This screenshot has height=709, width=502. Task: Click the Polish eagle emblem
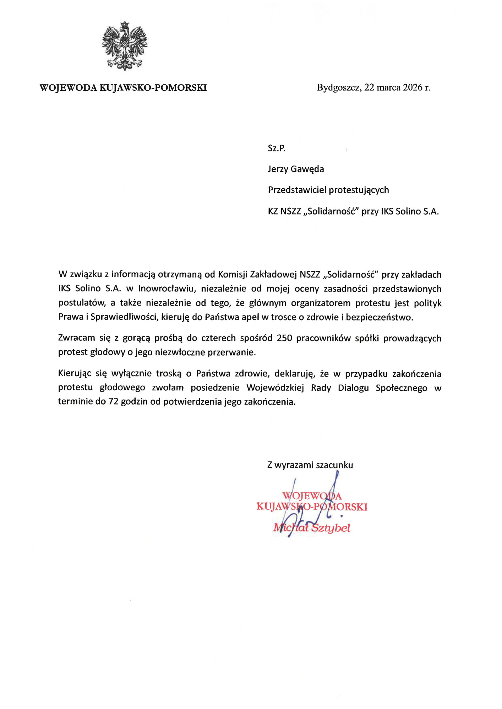[x=125, y=46]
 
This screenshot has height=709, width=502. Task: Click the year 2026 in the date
[x=413, y=88]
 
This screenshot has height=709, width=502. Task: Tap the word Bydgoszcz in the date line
[x=339, y=88]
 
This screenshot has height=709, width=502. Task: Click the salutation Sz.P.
[x=277, y=148]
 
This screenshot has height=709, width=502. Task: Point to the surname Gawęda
[x=307, y=169]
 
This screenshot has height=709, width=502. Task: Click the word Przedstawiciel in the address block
[x=297, y=190]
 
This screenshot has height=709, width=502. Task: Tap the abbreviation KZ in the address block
[x=273, y=212]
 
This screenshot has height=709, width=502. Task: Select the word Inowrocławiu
[x=167, y=289]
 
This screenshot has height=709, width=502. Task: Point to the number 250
[x=284, y=338]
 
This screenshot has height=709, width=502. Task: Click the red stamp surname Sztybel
[x=331, y=528]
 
